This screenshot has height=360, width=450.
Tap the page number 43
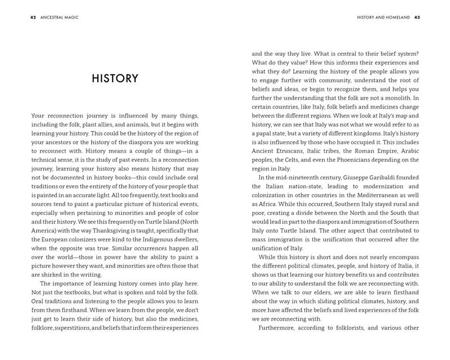[x=417, y=17]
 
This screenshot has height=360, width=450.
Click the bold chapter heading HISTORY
[x=115, y=79]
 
